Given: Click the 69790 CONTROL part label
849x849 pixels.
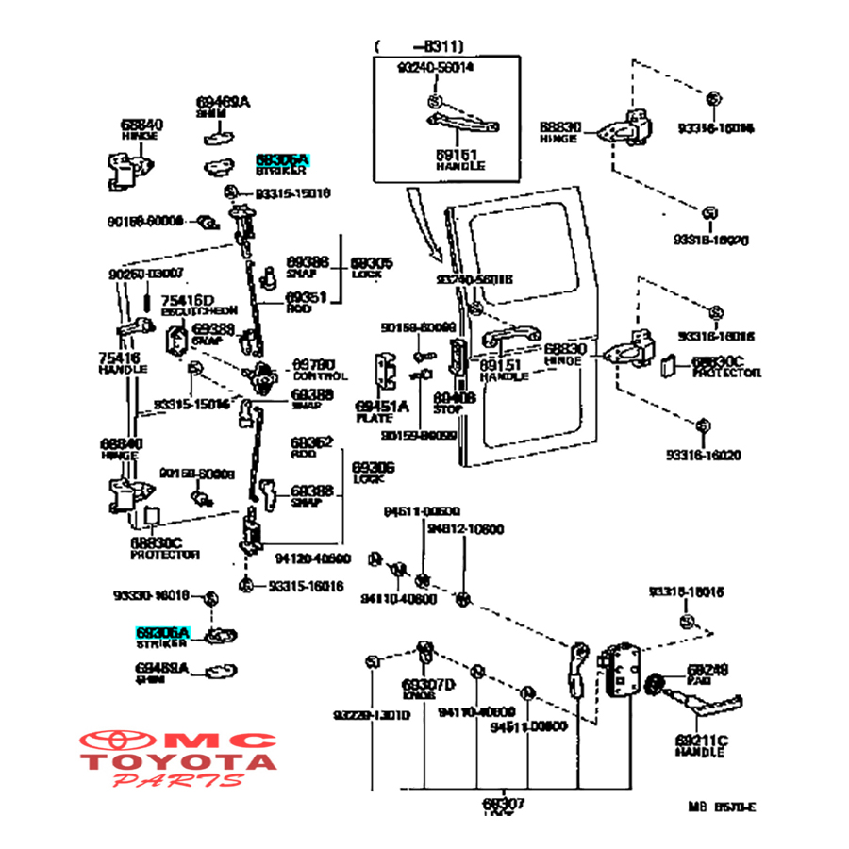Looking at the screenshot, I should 312,368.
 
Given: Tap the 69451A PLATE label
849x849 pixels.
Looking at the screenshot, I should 381,411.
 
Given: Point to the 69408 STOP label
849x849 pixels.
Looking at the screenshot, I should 454,403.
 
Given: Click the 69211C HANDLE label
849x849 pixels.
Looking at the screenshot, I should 699,744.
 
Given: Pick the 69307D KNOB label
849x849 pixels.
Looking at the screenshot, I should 427,690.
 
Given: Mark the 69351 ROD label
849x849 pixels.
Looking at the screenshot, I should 308,301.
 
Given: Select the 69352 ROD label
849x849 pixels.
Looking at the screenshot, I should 311,446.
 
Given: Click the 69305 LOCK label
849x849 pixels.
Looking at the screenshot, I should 372,267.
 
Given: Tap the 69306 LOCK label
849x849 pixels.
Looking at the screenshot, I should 373,473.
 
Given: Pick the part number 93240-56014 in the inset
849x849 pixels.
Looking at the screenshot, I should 435,67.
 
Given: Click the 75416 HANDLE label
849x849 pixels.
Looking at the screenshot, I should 124,362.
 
